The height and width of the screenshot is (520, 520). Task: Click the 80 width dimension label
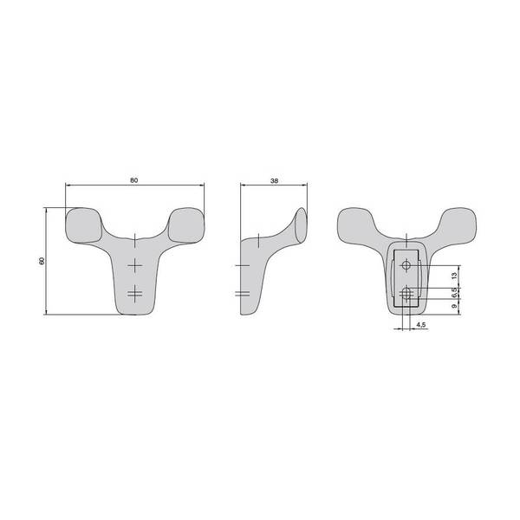tap(133, 180)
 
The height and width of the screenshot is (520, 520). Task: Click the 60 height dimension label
tap(42, 261)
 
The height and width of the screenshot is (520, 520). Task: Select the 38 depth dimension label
tap(274, 181)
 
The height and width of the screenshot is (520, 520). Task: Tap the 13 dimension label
tap(454, 275)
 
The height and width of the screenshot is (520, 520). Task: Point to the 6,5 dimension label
tap(454, 292)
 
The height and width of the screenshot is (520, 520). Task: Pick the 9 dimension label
tap(454, 307)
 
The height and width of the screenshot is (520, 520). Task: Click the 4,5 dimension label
tap(420, 325)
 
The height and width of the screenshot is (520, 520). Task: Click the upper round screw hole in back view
tap(406, 265)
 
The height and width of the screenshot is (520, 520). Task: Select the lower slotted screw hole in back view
tap(406, 294)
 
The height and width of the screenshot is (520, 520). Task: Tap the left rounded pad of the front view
tap(83, 225)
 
